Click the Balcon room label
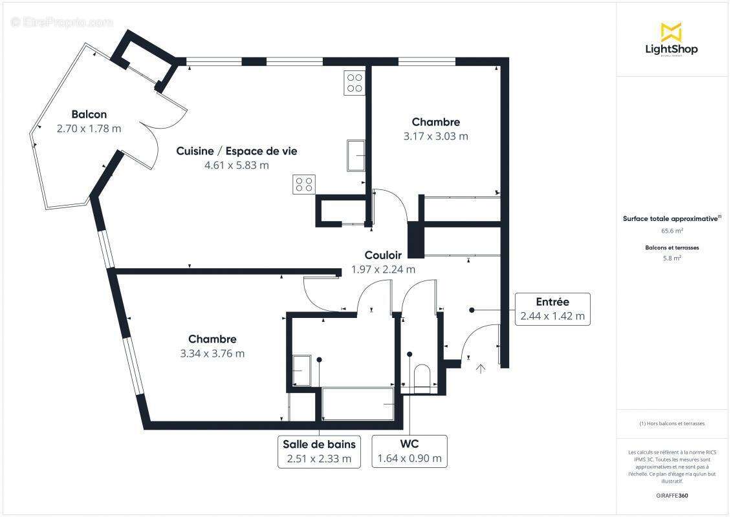pos(89,114)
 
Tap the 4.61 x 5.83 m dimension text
pos(236,165)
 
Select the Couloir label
pos(383,255)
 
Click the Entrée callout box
pos(552,309)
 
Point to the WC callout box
pos(409,451)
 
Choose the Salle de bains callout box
pos(319,451)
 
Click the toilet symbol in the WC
pos(422,377)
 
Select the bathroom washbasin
pos(302,371)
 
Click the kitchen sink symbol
pos(356,155)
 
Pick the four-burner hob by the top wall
pos(354,82)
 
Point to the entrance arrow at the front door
pos(481,368)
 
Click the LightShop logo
pos(671,40)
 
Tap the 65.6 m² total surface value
pos(671,229)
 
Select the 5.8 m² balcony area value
pos(671,258)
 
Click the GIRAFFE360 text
pos(671,496)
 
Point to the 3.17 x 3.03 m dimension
pos(435,136)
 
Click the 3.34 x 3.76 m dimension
pos(212,353)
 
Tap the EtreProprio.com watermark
pos(62,22)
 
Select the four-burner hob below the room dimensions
pos(304,184)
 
